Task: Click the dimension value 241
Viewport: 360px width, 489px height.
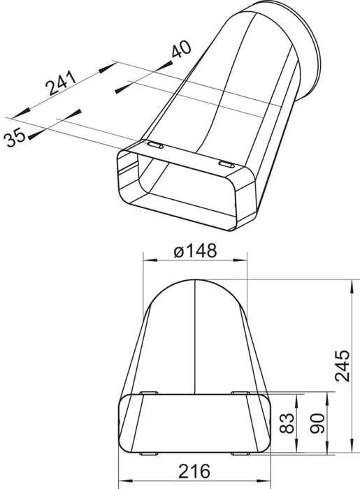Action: coord(61,84)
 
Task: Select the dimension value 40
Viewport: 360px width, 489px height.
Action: coord(181,49)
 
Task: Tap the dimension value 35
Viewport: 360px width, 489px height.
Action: coord(15,138)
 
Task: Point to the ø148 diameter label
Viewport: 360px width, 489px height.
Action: coord(195,251)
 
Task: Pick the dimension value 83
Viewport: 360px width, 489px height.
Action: coord(287,423)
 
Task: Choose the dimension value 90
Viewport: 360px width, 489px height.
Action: coord(317,423)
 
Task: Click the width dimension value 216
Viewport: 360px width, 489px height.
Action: coord(194,471)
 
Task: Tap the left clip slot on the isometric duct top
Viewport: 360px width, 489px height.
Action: coord(155,145)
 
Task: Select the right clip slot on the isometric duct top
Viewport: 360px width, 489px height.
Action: coord(227,165)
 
